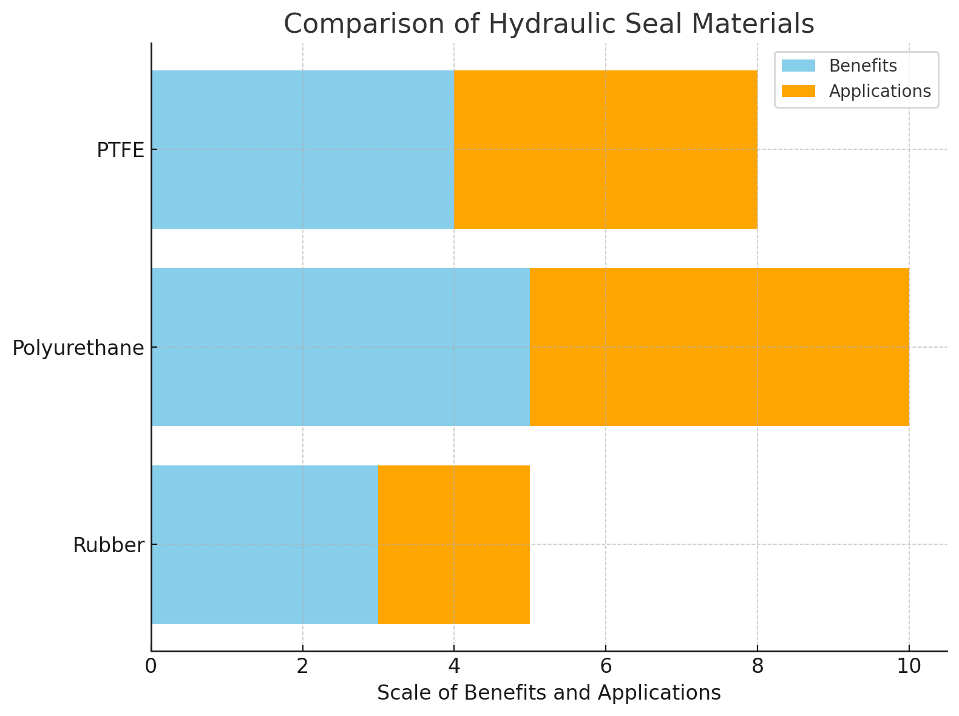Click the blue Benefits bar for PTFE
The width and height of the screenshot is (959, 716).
pos(302,149)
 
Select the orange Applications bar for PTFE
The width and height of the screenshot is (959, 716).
pos(606,149)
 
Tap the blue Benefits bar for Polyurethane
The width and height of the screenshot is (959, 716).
pos(341,347)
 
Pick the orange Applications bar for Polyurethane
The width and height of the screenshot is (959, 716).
pos(719,347)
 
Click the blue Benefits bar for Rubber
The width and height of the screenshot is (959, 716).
pos(265,544)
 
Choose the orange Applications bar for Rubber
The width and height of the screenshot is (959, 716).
pos(454,544)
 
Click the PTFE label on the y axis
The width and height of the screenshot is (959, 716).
pos(120,150)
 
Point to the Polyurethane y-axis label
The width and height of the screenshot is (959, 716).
pos(78,348)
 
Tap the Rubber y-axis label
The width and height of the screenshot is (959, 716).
pos(109,545)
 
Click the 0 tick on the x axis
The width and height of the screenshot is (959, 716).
pos(151,666)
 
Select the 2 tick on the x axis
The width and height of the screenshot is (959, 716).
pos(302,666)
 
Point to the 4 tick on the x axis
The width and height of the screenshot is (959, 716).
pos(454,666)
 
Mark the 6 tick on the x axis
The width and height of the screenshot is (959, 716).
pos(605,666)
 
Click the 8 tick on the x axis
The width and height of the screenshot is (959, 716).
pos(757,666)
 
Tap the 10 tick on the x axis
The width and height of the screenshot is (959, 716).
pos(909,666)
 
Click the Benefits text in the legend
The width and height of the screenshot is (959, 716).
pos(862,66)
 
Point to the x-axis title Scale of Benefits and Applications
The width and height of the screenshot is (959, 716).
pos(549,693)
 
